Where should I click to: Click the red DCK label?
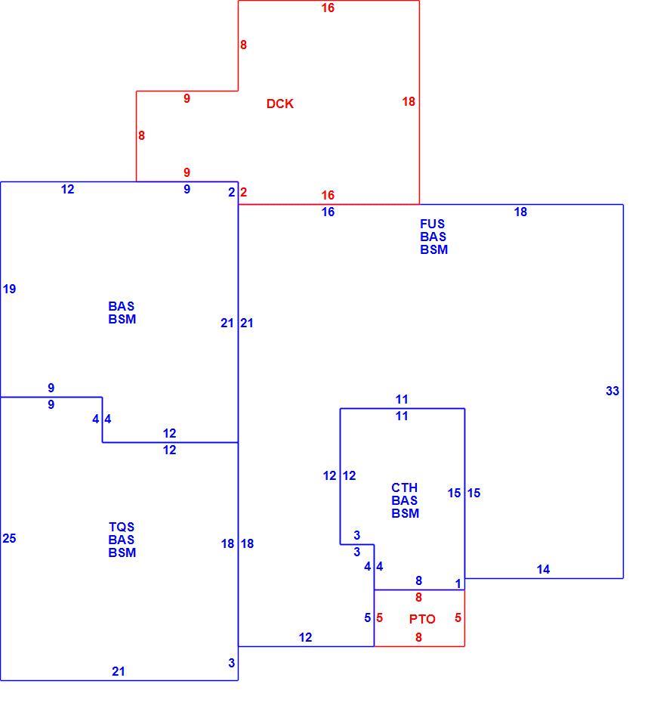click(x=279, y=104)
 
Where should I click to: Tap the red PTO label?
click(x=422, y=619)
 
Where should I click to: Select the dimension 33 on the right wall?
click(x=612, y=391)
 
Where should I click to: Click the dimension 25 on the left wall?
click(x=9, y=538)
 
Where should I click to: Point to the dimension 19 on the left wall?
click(x=9, y=289)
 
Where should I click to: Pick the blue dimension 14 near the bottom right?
click(x=543, y=569)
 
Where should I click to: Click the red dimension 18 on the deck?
click(x=409, y=101)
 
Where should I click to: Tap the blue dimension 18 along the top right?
click(x=520, y=212)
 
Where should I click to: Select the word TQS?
click(x=122, y=527)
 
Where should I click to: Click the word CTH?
click(x=404, y=487)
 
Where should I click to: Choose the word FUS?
click(x=433, y=224)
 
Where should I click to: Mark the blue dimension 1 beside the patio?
click(x=458, y=583)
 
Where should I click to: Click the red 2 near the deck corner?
click(x=243, y=192)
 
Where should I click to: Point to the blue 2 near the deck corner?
click(x=232, y=192)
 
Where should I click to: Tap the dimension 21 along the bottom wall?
click(x=118, y=671)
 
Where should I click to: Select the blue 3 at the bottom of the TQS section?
click(x=232, y=663)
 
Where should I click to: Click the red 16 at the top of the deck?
click(x=328, y=8)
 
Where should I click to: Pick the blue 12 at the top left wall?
click(x=67, y=189)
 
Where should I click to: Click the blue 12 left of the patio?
click(x=305, y=637)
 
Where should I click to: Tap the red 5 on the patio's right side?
click(x=458, y=617)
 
